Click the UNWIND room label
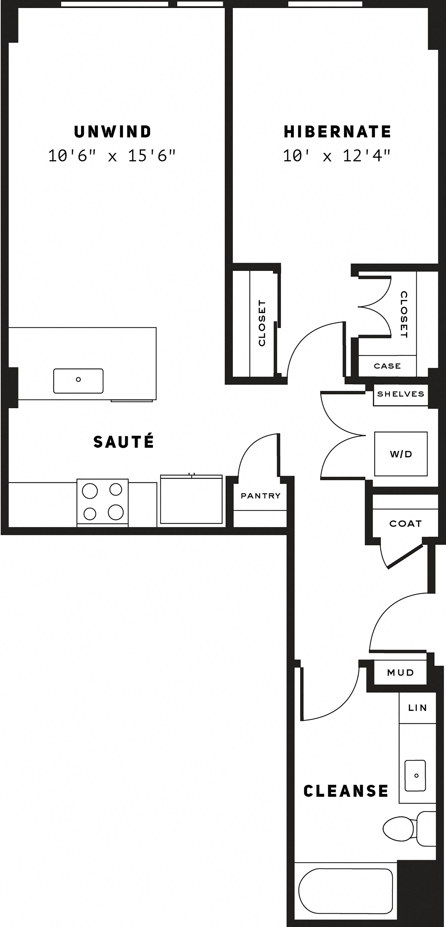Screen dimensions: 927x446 click(113, 132)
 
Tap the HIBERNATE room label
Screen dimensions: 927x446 click(337, 132)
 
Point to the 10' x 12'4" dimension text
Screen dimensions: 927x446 click(336, 156)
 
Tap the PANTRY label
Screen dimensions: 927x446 click(260, 496)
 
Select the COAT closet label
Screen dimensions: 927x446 click(405, 524)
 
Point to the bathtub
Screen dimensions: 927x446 click(345, 891)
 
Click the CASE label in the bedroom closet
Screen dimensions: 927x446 click(387, 366)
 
